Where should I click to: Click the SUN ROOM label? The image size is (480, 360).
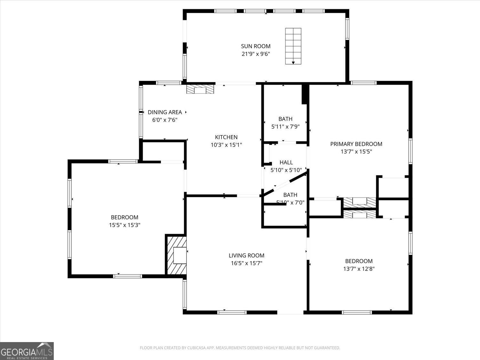click(256, 46)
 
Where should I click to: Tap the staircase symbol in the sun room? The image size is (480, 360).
click(293, 46)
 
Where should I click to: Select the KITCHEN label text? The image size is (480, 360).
click(226, 137)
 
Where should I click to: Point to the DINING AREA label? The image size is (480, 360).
click(165, 112)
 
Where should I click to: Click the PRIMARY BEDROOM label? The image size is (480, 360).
click(356, 144)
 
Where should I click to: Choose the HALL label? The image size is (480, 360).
click(286, 162)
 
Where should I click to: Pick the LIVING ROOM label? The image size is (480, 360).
click(246, 255)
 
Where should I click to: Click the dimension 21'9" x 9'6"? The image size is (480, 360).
click(256, 54)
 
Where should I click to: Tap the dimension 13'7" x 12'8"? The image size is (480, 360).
click(359, 269)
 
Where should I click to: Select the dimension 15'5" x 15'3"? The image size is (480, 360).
click(124, 225)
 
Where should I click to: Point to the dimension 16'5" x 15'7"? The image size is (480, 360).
click(246, 263)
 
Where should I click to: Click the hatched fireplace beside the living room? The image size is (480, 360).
click(176, 255)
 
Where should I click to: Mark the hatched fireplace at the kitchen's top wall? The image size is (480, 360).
click(200, 89)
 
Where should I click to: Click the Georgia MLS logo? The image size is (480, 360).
click(27, 351)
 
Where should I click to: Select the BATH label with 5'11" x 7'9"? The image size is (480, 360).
click(285, 119)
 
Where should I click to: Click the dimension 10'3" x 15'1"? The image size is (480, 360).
click(226, 145)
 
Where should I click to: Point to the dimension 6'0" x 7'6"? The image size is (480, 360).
click(165, 120)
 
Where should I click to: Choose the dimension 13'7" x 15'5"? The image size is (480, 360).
click(356, 152)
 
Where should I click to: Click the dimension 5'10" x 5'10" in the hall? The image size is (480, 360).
click(286, 170)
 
